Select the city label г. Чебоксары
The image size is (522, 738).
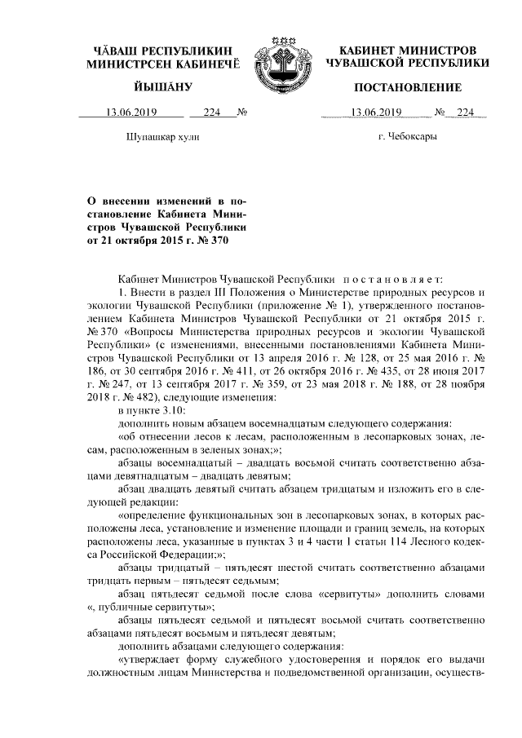pos(407,137)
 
